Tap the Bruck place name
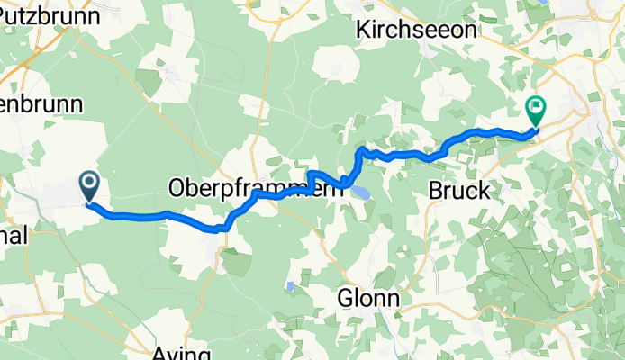point(459,191)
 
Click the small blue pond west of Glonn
point(289,287)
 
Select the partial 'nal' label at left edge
point(14,236)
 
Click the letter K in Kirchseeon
point(364,30)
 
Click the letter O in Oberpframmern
point(177,188)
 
